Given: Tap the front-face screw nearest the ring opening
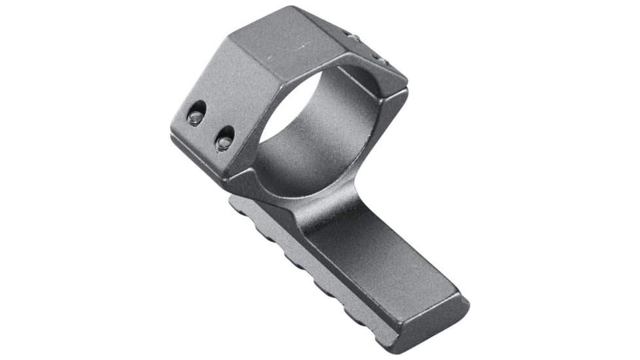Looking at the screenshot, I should pos(224,139).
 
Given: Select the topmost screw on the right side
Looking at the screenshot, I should pos(353,37).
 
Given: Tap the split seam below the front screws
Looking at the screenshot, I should pos(196,147).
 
